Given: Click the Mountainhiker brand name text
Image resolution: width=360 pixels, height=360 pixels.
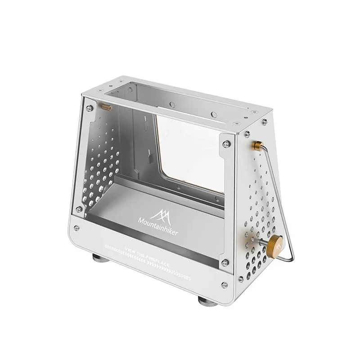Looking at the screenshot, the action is tap(158, 227).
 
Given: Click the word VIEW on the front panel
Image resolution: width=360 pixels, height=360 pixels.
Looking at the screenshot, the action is tap(130, 251).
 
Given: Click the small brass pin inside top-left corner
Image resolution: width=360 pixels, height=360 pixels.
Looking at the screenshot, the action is tap(107, 107).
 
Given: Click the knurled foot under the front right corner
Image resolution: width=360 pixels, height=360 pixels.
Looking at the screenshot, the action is tap(207, 301).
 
